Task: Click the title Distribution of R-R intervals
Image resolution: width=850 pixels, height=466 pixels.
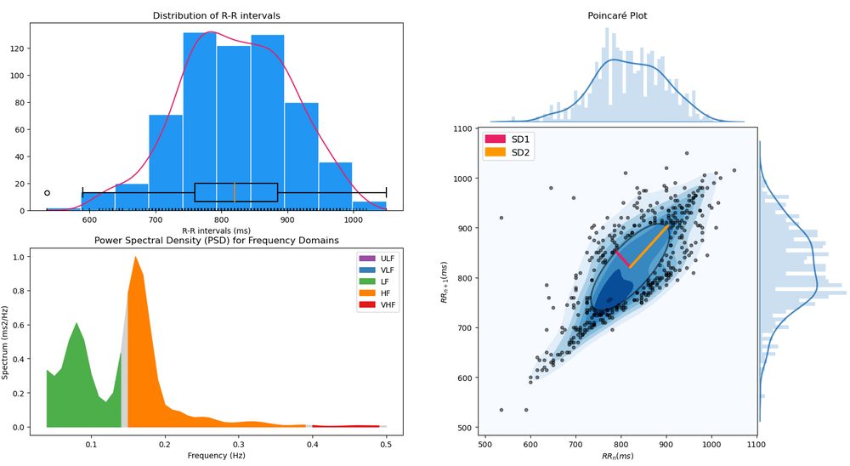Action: click(216, 16)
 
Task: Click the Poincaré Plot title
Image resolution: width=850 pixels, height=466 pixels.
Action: click(617, 16)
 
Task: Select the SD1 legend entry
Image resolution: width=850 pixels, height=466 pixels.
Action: click(507, 139)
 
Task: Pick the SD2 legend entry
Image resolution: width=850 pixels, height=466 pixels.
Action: click(507, 152)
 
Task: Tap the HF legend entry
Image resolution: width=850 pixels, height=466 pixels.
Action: click(377, 293)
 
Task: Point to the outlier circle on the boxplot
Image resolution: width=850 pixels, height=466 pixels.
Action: click(47, 193)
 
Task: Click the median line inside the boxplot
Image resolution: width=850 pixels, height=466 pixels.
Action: click(235, 192)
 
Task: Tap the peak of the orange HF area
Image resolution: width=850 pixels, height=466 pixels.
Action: click(135, 257)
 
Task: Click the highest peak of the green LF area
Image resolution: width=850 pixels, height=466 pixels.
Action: click(76, 323)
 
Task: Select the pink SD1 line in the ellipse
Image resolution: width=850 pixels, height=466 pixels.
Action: click(622, 259)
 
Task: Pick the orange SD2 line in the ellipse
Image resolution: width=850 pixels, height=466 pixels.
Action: click(649, 247)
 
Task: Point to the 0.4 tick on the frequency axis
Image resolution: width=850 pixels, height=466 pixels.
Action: click(312, 444)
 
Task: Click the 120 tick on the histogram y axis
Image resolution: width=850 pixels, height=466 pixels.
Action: click(20, 48)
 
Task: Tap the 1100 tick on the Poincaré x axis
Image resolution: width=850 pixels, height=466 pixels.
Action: click(756, 444)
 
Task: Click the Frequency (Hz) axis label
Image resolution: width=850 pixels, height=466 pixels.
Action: click(216, 455)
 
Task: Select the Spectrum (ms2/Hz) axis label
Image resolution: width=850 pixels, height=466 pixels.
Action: click(5, 343)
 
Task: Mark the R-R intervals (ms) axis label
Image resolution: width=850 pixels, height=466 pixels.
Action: click(216, 230)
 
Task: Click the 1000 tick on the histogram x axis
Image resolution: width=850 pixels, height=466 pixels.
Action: click(353, 219)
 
